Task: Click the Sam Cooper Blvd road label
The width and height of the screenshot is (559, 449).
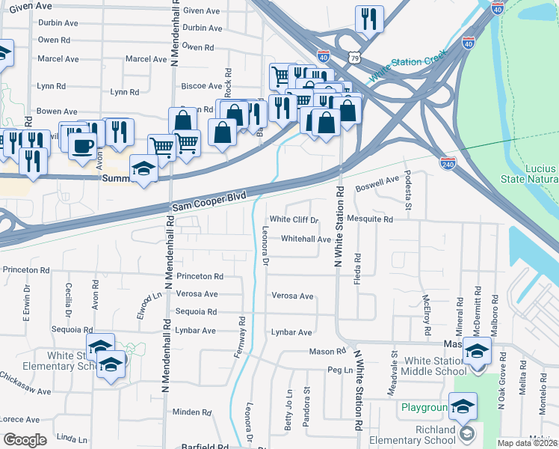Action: [209, 200]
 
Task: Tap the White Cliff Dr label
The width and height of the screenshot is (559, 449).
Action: [294, 220]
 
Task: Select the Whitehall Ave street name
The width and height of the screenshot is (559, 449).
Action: [306, 239]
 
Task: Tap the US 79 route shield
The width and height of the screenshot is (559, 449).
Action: [353, 57]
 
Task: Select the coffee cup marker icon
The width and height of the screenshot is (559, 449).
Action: [82, 144]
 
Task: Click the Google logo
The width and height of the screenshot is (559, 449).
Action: [25, 440]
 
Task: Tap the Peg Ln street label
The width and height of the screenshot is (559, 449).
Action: [339, 370]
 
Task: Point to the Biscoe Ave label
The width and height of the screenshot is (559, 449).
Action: [206, 86]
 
